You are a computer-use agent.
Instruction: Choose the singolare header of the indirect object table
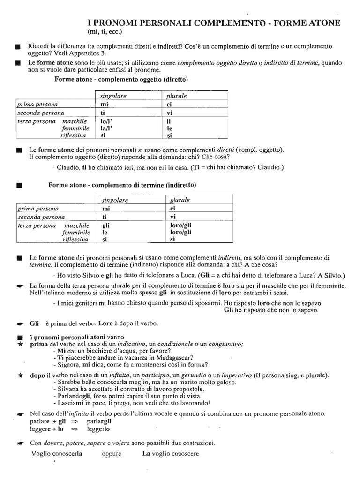point(115,200)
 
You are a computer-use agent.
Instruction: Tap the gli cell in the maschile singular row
point(105,225)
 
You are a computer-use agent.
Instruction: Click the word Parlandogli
point(73,396)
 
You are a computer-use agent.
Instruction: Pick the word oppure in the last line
point(111,454)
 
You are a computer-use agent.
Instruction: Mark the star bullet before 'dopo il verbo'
point(19,375)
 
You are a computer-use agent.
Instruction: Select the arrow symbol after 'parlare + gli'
point(74,421)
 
